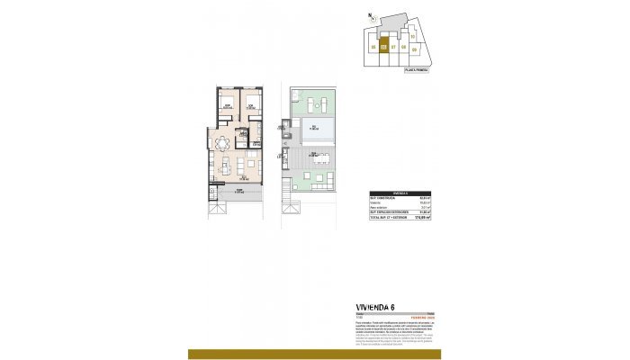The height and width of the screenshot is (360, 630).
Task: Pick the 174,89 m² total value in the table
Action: click(425, 217)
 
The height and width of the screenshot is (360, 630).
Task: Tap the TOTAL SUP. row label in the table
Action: click(388, 217)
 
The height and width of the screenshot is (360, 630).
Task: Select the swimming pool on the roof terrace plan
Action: click(318, 128)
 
